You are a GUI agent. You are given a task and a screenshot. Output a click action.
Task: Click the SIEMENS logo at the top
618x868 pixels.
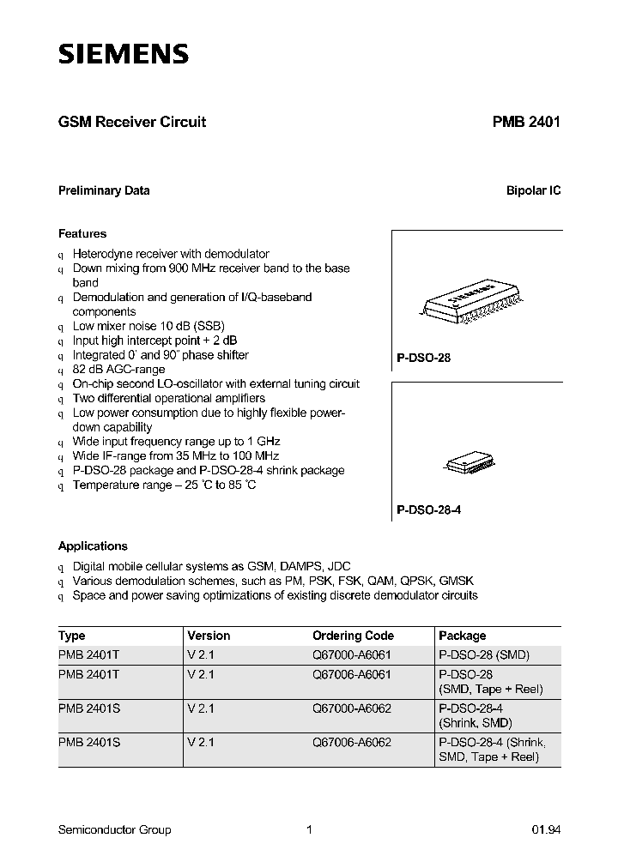[123, 55]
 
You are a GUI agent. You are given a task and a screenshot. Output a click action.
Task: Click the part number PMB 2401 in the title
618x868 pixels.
[526, 122]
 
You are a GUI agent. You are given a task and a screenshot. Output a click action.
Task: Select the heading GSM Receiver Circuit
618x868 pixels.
[131, 122]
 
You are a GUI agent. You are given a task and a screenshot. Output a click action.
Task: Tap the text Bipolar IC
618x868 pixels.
[533, 190]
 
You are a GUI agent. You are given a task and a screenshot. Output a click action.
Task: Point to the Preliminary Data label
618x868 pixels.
[104, 190]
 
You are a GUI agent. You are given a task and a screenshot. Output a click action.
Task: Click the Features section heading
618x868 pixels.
[82, 233]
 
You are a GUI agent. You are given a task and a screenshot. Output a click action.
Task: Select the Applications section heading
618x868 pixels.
[93, 546]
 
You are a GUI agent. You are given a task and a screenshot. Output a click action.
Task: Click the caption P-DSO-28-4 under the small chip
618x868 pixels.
[429, 509]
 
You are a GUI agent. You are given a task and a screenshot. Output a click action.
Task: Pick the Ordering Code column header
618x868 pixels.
[353, 636]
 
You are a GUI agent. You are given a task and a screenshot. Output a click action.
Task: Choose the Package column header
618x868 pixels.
[462, 636]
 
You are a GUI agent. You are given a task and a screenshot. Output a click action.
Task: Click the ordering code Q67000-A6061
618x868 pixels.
[352, 654]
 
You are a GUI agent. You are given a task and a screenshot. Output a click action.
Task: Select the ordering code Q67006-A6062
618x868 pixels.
[352, 741]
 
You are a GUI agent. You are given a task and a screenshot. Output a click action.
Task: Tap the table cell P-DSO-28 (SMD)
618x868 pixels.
[483, 654]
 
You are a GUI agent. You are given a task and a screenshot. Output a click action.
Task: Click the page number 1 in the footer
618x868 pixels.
[309, 829]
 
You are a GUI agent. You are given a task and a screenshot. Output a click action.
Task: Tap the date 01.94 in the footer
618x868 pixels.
[546, 829]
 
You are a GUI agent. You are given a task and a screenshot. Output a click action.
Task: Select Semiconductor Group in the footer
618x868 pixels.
[114, 829]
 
